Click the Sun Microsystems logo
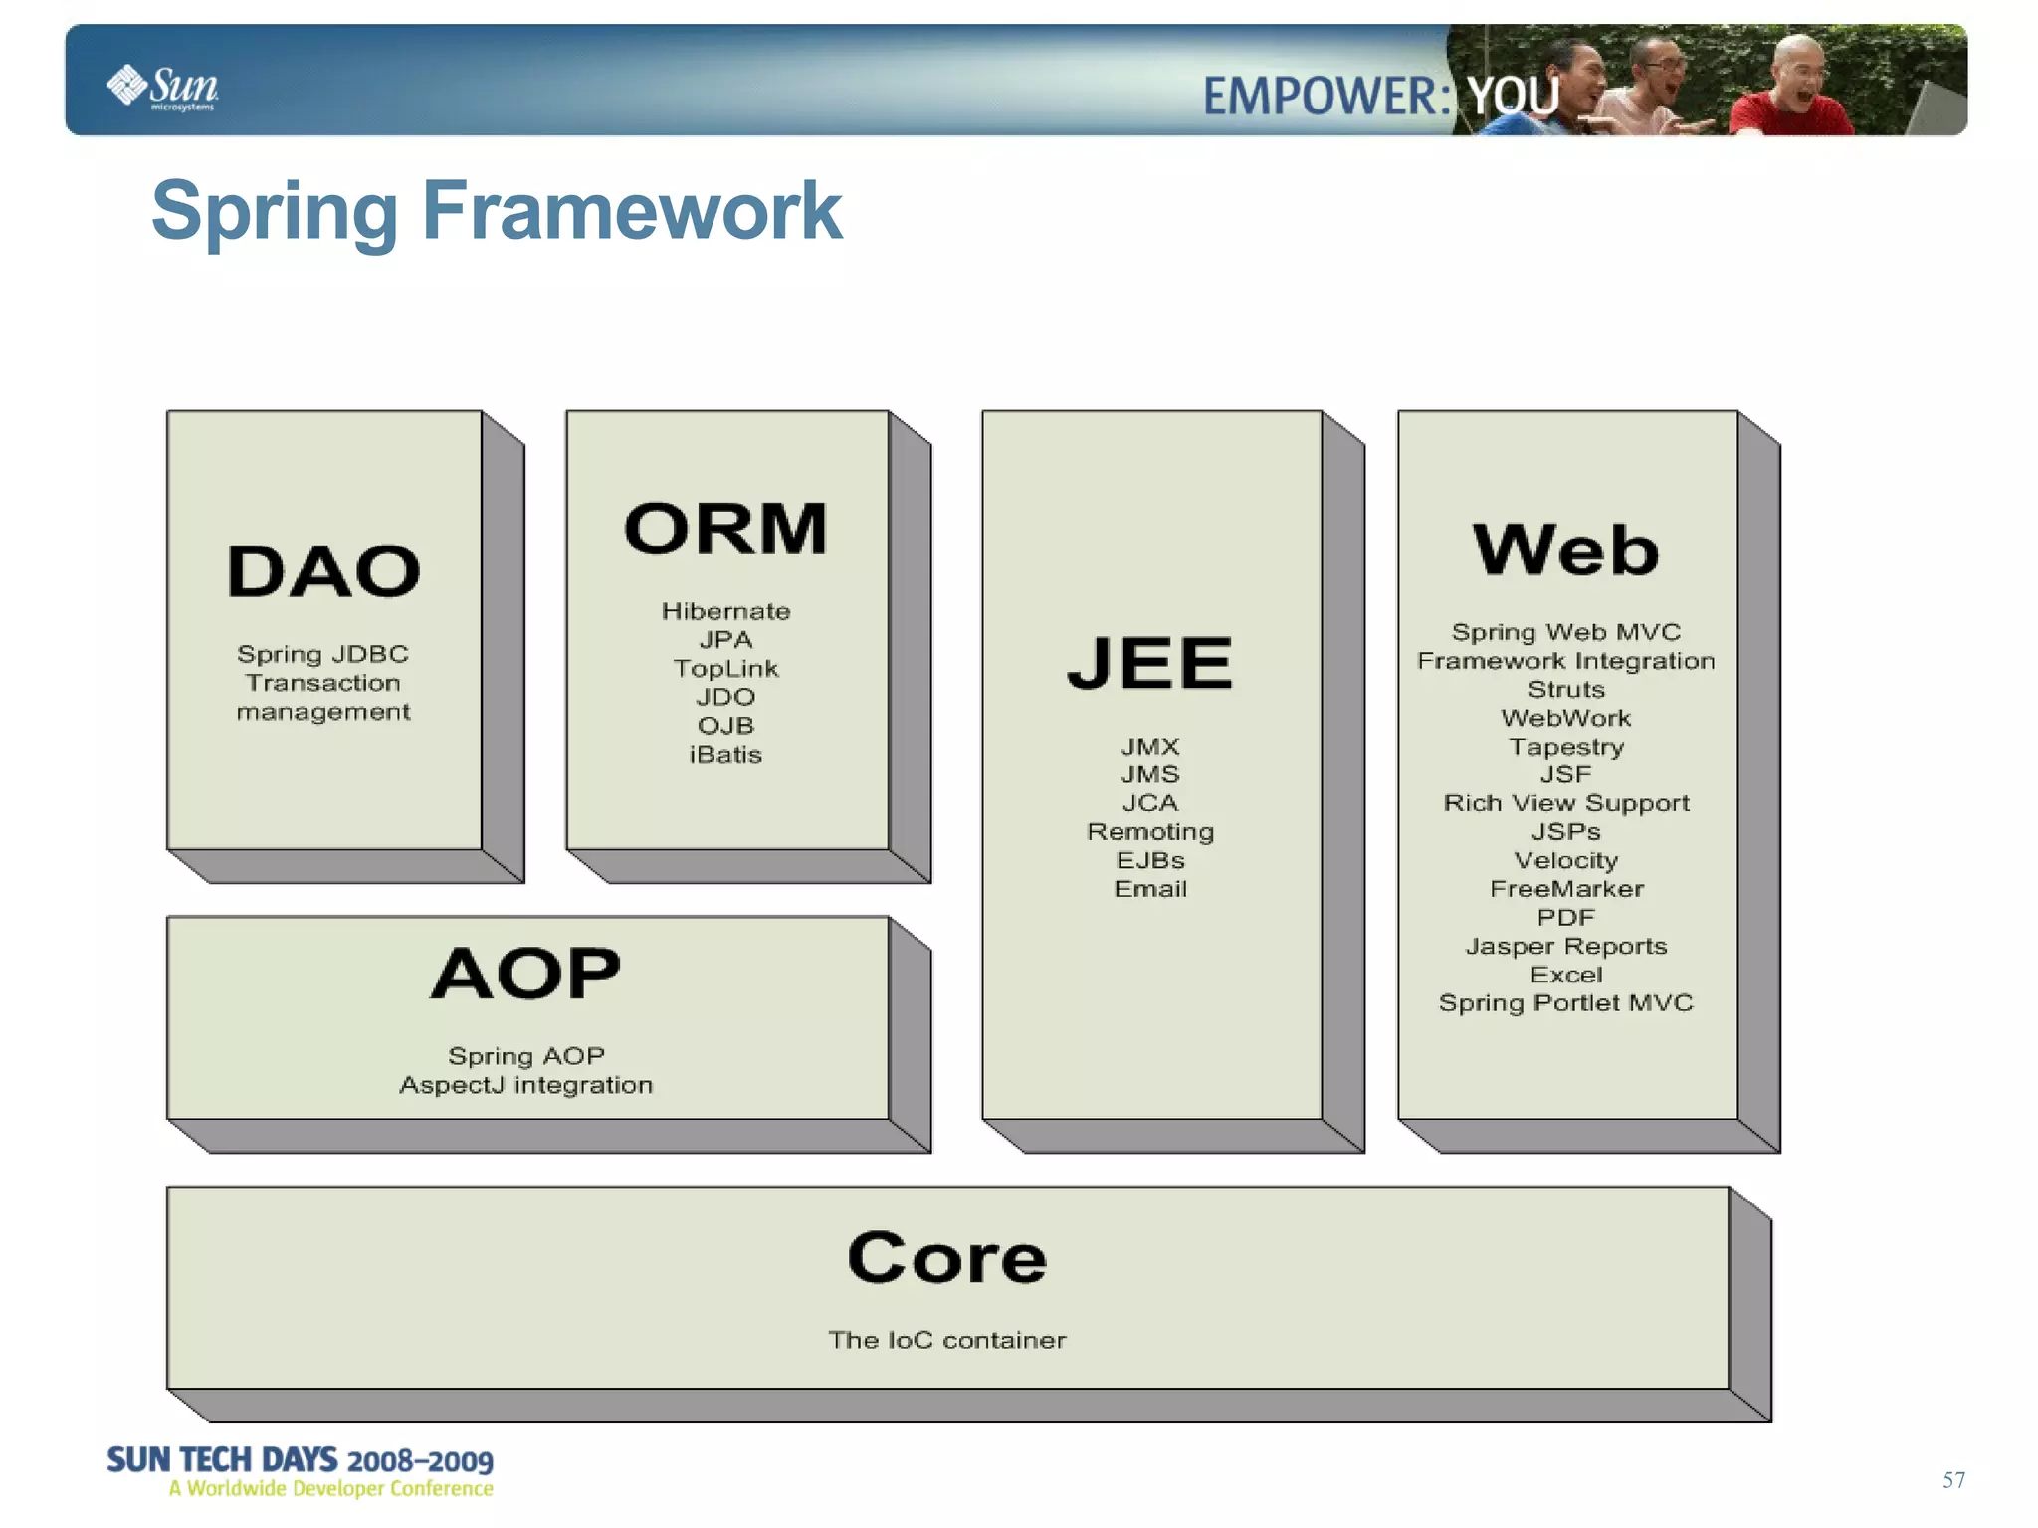tap(163, 87)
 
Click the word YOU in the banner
tap(1514, 97)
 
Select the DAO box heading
tap(323, 572)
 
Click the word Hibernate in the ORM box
tap(725, 611)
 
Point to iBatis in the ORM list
tap(725, 755)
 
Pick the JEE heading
tap(1150, 663)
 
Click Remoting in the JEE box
tap(1150, 832)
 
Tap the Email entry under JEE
tap(1150, 889)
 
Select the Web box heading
tap(1565, 549)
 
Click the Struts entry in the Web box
tap(1565, 690)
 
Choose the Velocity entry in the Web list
tap(1565, 861)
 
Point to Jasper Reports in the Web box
tap(1565, 947)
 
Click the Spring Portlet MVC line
tap(1565, 1003)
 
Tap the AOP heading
tap(526, 974)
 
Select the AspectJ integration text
tap(526, 1085)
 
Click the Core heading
tap(946, 1258)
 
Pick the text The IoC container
tap(946, 1340)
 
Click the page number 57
tap(1953, 1480)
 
